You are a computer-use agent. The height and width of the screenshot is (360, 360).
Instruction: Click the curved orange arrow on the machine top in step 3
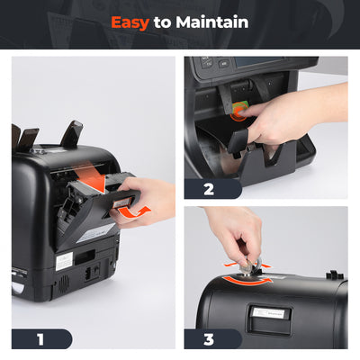tap(247, 281)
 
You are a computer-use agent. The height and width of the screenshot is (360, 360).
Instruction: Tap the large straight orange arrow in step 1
tap(90, 181)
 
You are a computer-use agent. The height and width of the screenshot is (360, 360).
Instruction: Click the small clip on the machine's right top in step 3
tap(332, 273)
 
